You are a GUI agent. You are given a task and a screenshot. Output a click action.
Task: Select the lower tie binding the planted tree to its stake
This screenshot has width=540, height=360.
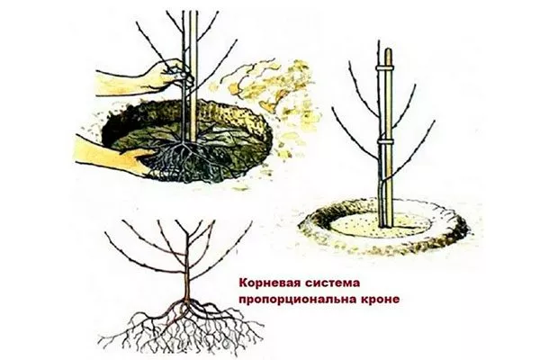[x=384, y=143]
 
